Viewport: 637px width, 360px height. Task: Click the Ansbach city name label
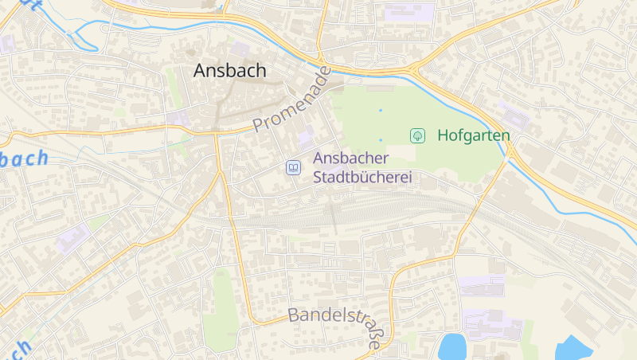[229, 70]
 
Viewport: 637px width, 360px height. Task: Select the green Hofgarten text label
[473, 135]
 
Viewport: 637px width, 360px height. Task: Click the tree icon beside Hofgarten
[416, 135]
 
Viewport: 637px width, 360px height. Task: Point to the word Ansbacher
[350, 158]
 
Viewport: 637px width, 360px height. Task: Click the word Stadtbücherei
[362, 177]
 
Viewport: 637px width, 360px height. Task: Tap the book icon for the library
[294, 167]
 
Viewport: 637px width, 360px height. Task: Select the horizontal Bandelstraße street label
[333, 315]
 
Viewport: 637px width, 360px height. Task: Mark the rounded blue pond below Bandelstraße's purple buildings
[452, 347]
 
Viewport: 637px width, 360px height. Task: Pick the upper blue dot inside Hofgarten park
[380, 110]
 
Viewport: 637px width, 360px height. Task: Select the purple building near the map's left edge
[73, 238]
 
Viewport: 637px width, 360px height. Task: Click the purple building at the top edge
[409, 12]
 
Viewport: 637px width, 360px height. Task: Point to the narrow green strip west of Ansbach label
[173, 86]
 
